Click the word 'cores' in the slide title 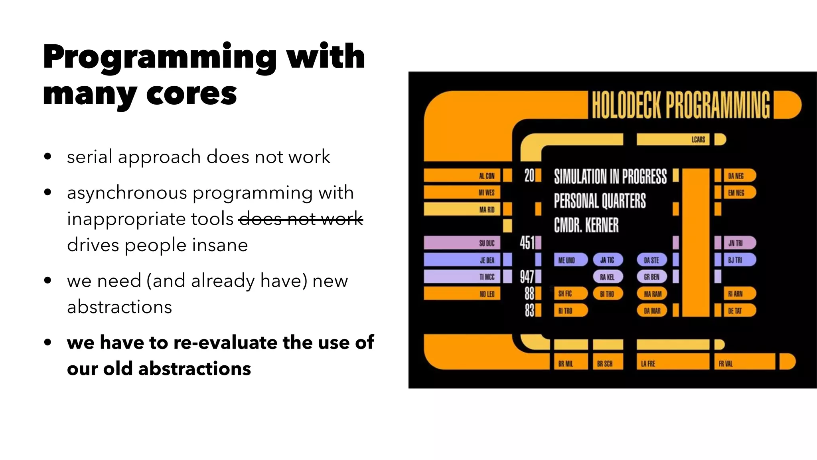tap(191, 94)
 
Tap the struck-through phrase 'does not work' tap(300, 219)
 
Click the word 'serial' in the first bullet tap(89, 157)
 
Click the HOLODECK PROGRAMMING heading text tap(681, 105)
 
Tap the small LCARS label tap(698, 139)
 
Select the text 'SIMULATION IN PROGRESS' tap(610, 176)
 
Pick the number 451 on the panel tap(527, 242)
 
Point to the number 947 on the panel tap(527, 276)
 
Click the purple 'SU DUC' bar tap(462, 243)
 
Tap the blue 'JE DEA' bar tap(462, 260)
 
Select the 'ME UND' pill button tap(570, 260)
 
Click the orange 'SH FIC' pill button tap(570, 294)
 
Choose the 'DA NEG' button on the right tap(739, 176)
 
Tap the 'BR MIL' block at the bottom tap(570, 363)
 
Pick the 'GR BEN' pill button tap(652, 277)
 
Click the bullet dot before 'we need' tap(48, 281)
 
